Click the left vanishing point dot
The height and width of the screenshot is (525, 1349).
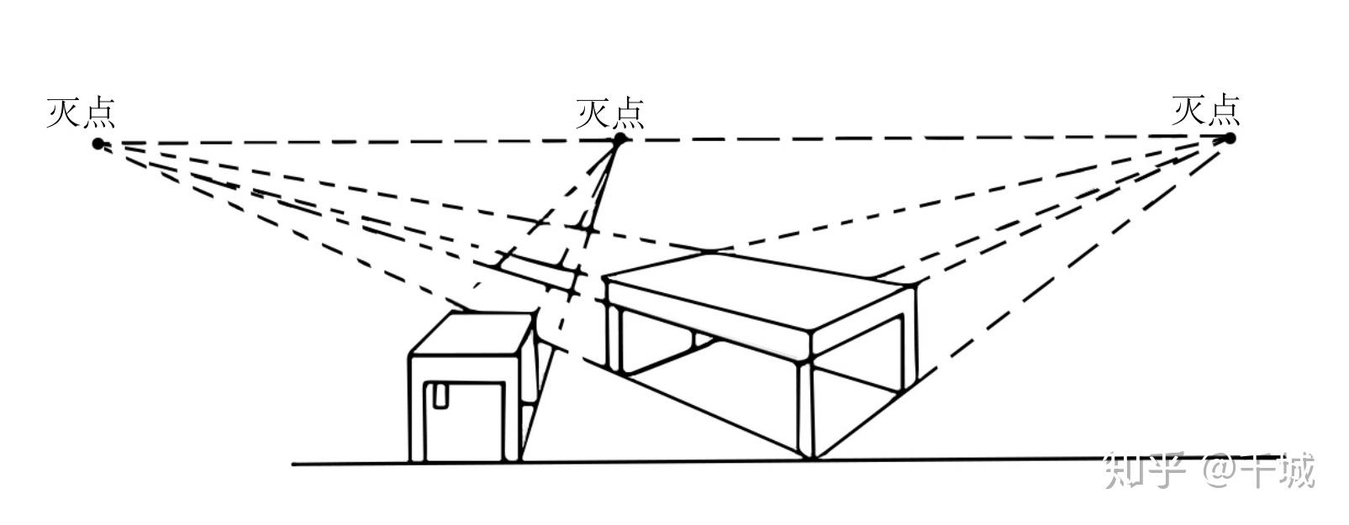click(x=98, y=144)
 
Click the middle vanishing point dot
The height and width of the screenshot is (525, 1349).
click(x=619, y=139)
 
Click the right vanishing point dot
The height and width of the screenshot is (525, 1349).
click(x=1229, y=138)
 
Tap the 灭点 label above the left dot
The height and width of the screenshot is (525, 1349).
click(x=81, y=113)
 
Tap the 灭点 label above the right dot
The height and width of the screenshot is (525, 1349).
click(x=1206, y=110)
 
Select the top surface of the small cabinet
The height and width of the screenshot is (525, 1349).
click(x=471, y=333)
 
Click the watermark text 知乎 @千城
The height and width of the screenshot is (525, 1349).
click(x=1210, y=470)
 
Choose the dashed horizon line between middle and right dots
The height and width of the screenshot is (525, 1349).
click(x=925, y=139)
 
